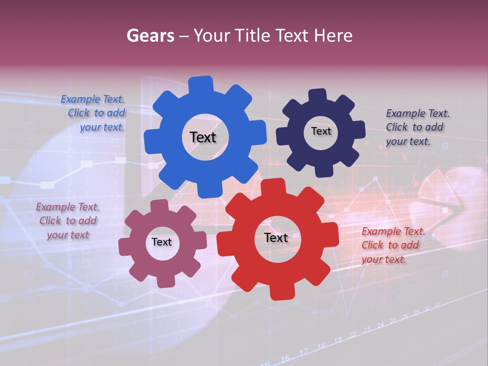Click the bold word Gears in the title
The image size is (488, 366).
pyautogui.click(x=150, y=36)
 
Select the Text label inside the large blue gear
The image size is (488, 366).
pyautogui.click(x=203, y=137)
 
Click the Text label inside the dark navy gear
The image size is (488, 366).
pyautogui.click(x=321, y=131)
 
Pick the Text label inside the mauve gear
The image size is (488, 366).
pyautogui.click(x=162, y=242)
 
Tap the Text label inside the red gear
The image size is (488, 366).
pyautogui.click(x=276, y=237)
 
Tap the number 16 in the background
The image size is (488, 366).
pyautogui.click(x=285, y=358)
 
